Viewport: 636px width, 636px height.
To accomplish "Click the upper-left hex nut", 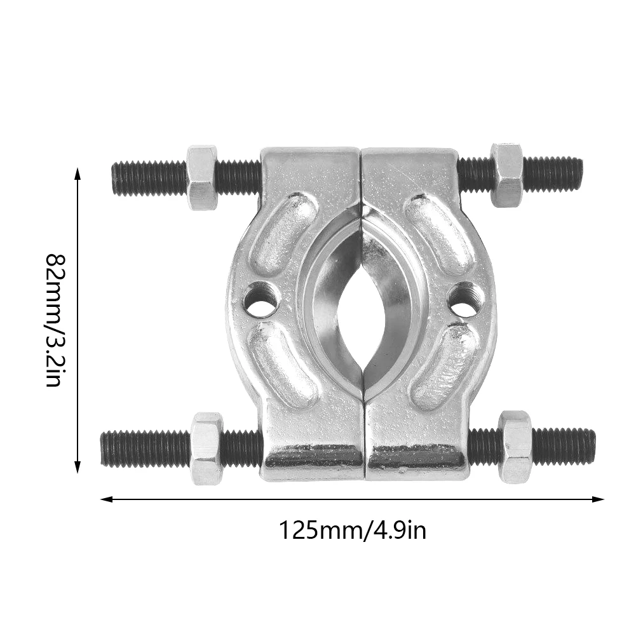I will (x=202, y=177).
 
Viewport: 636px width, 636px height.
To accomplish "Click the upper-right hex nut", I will (x=507, y=175).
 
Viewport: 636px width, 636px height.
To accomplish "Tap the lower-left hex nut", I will (x=206, y=448).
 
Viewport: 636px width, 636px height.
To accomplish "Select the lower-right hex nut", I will (x=515, y=446).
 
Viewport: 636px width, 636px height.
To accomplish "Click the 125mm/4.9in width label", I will (x=353, y=529).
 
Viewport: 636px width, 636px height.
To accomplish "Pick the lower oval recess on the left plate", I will (x=282, y=364).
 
